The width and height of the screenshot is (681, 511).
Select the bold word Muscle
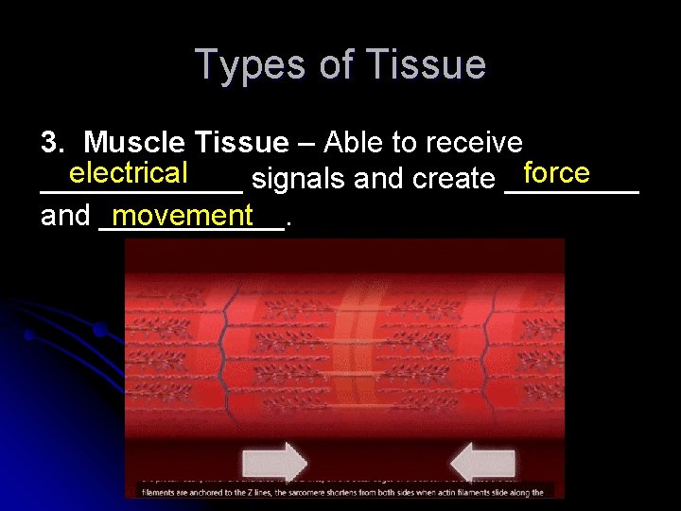tap(136, 143)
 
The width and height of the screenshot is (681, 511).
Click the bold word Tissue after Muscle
tap(241, 143)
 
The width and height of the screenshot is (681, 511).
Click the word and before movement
tap(65, 216)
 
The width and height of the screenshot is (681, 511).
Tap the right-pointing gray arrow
tap(274, 463)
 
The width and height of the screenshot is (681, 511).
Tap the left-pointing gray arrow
tap(482, 463)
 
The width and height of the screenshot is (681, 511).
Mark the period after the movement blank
tap(288, 223)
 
